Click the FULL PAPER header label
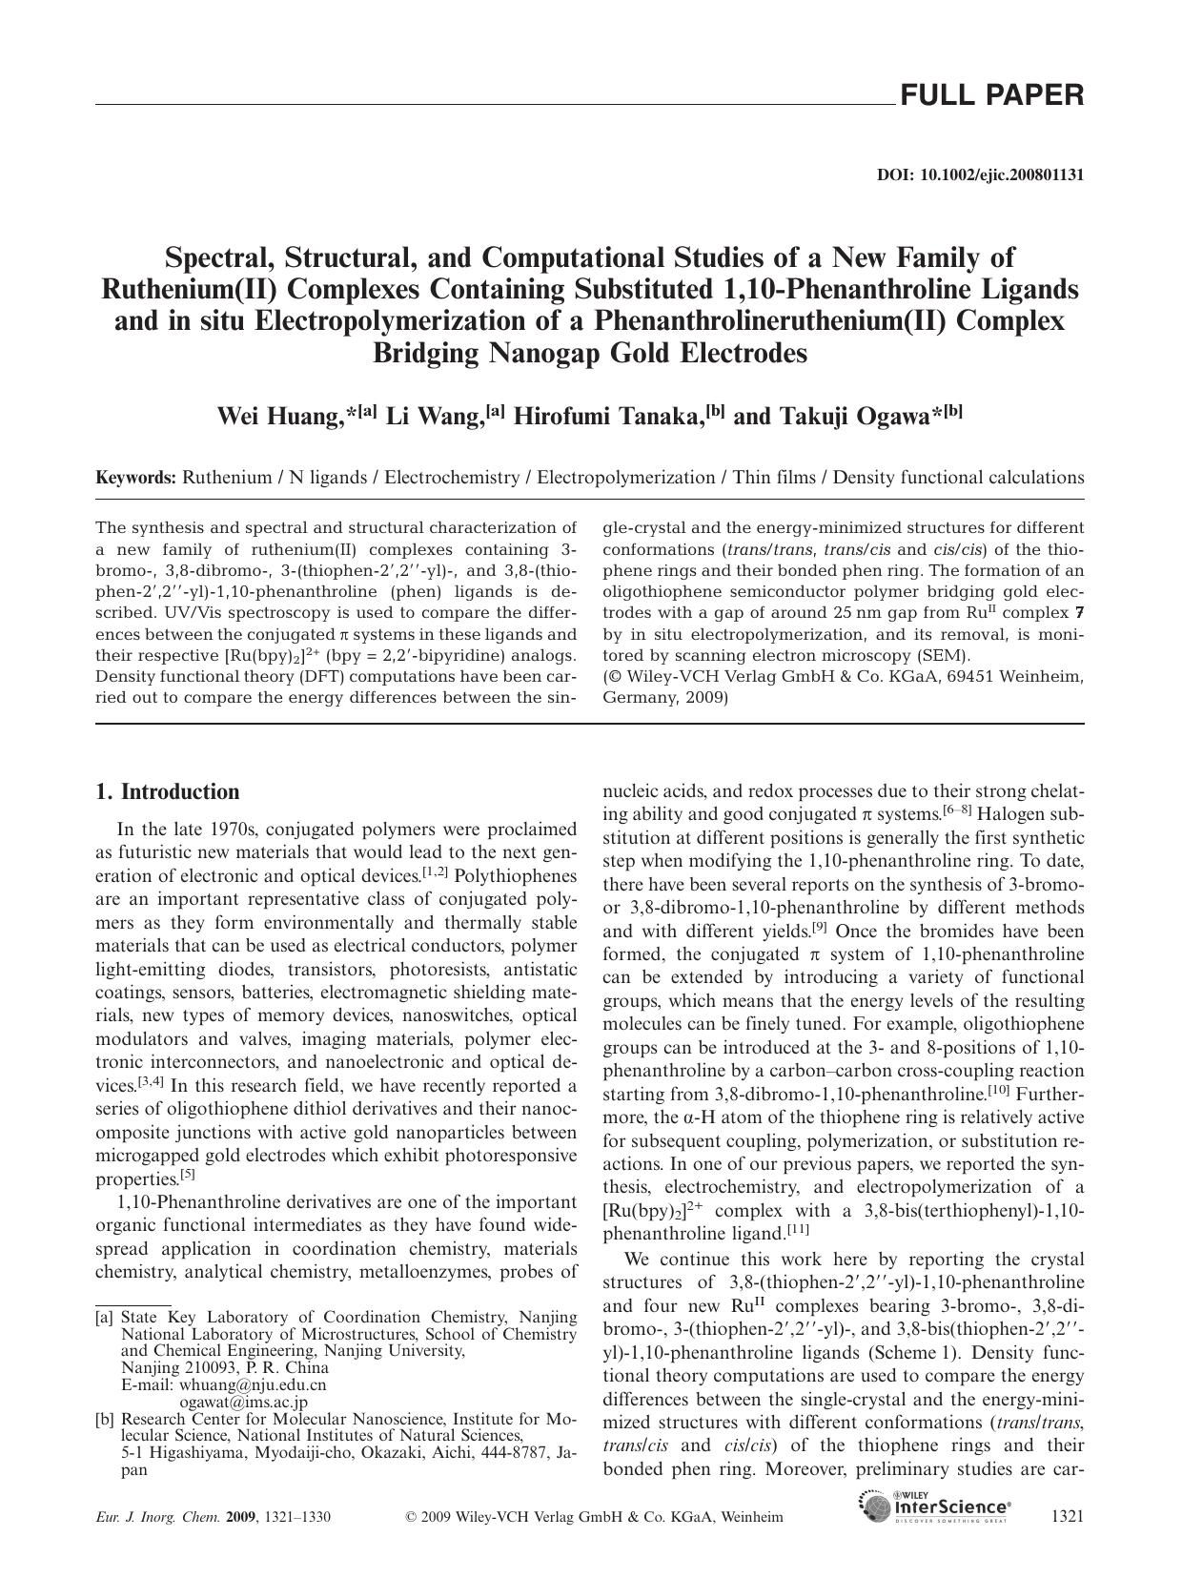point(991,95)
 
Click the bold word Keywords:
point(135,478)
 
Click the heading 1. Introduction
point(168,792)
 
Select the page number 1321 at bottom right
point(1066,1516)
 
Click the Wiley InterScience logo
point(935,1508)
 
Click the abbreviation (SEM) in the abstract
point(942,655)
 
